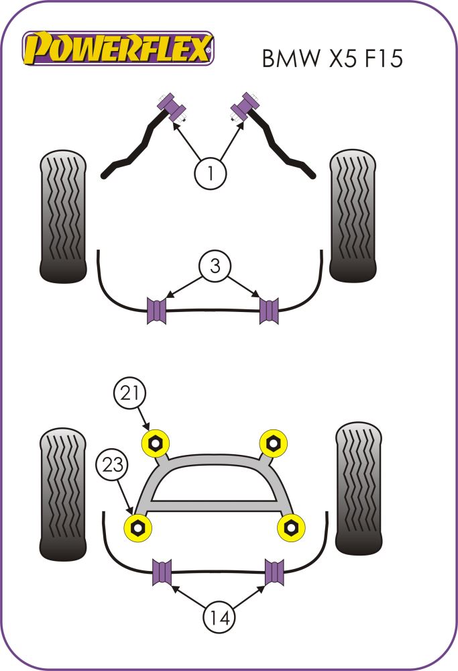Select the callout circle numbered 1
211,174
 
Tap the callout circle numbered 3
215,266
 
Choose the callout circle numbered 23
112,465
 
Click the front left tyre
64,216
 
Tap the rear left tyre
63,493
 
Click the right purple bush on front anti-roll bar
269,309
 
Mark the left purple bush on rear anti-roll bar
163,571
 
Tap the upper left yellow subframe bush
156,442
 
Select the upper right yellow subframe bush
272,442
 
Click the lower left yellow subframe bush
139,527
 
